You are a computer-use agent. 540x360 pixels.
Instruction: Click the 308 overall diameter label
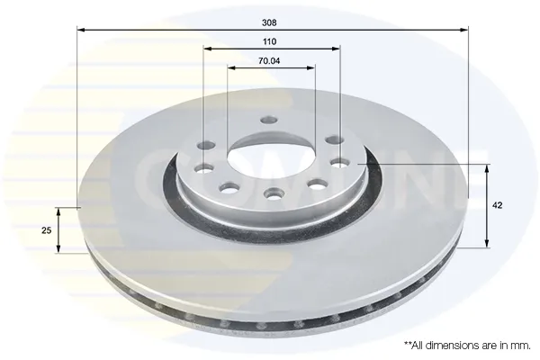[x=269, y=22]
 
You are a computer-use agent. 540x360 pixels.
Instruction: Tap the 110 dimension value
[x=269, y=41]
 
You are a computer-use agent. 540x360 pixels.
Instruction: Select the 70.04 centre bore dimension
[x=269, y=61]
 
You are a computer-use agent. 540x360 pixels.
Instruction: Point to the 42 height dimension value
[x=498, y=205]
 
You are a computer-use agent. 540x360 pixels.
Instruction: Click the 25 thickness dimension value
[x=46, y=230]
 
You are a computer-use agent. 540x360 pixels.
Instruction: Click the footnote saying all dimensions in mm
[x=467, y=346]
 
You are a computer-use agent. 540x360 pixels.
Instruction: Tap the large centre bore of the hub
[x=271, y=154]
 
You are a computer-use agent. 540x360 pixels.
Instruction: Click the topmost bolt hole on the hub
[x=269, y=121]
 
